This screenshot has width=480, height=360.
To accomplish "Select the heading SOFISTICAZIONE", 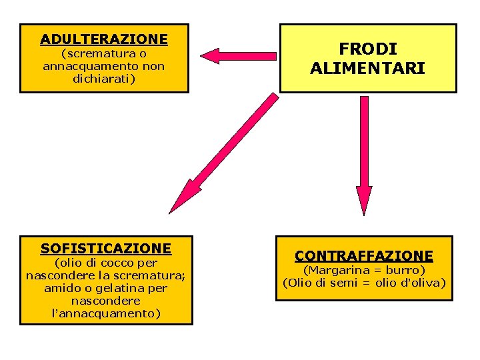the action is (106, 248).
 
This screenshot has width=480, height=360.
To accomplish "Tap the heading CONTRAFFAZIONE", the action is (364, 255).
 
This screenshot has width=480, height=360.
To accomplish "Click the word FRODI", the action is (367, 49).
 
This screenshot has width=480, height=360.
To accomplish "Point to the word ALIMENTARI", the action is (367, 69).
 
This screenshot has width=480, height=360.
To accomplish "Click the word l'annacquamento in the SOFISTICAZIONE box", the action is (106, 313).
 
